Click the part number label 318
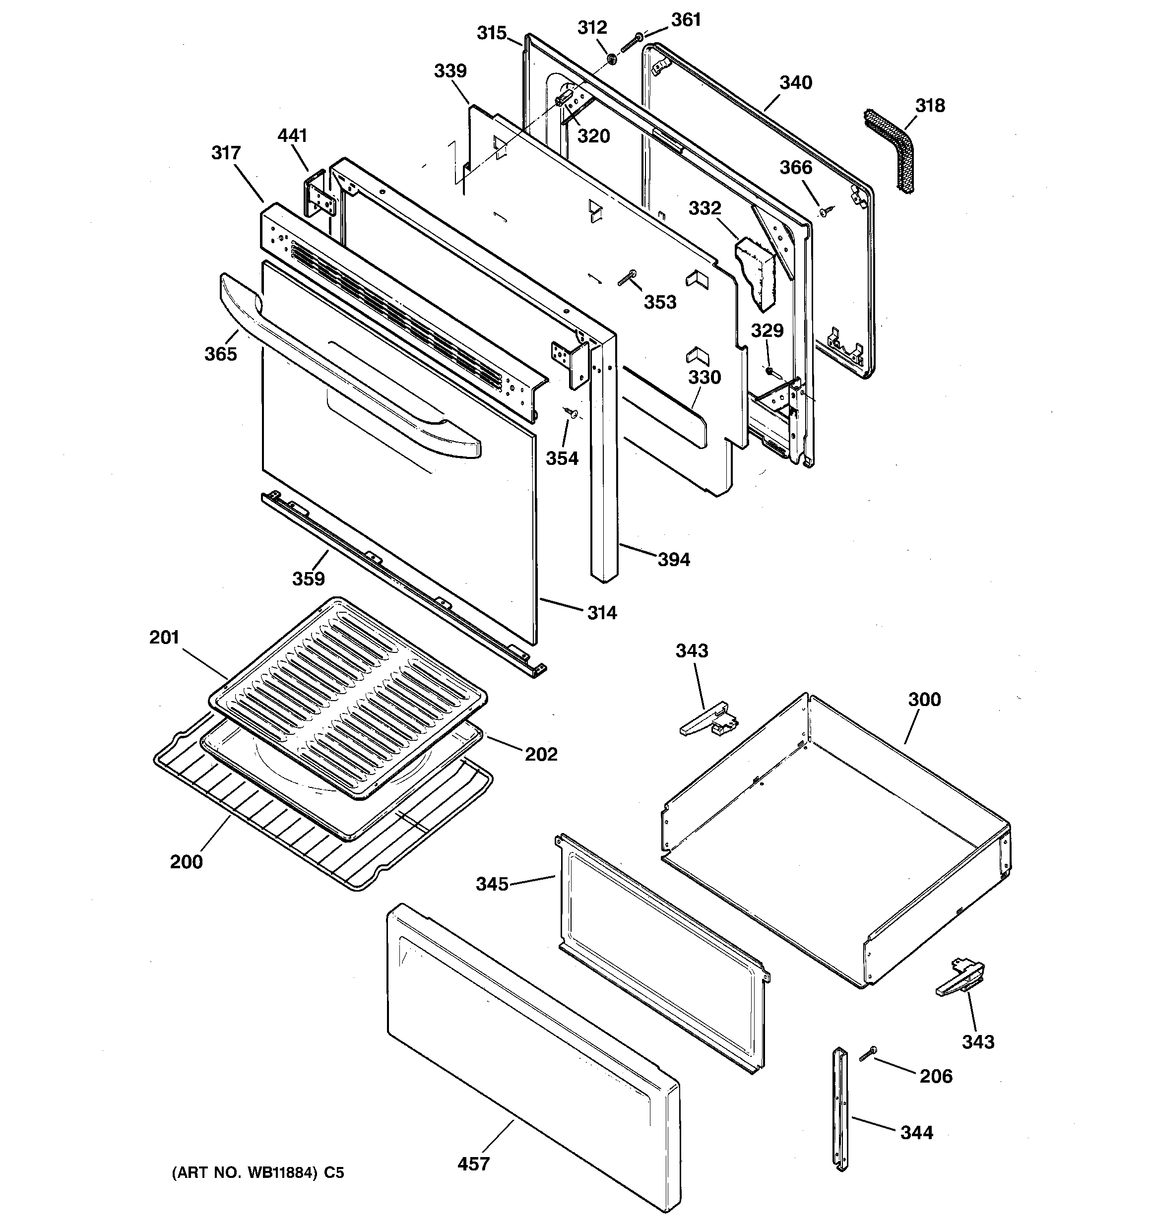click(x=930, y=106)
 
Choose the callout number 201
click(x=164, y=637)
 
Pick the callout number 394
click(x=673, y=559)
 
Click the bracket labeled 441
click(x=320, y=196)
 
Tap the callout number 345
click(x=492, y=884)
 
